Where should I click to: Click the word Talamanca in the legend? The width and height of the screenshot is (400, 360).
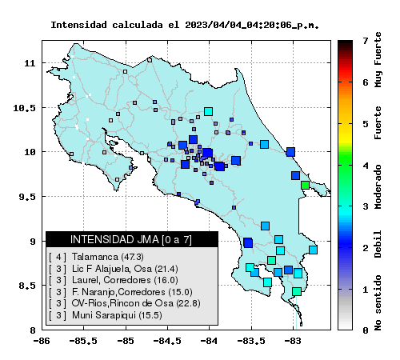[x=94, y=257]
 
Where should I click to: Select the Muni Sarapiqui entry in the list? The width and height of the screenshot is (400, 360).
[x=106, y=315]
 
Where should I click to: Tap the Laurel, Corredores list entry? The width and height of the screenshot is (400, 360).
[x=114, y=280]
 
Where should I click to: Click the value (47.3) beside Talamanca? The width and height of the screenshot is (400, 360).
[x=133, y=257]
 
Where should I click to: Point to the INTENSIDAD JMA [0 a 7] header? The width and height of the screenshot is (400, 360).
[x=131, y=239]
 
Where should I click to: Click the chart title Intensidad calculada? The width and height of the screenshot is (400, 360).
[x=106, y=25]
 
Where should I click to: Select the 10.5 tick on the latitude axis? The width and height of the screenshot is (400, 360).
[x=24, y=108]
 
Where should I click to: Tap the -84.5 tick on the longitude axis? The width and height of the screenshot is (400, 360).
[x=168, y=341]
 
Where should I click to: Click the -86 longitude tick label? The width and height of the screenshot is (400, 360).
[x=42, y=341]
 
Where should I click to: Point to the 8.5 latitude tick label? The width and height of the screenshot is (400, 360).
[x=26, y=286]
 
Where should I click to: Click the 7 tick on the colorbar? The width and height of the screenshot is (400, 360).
[x=365, y=41]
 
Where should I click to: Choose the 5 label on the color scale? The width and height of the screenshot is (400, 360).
[x=365, y=124]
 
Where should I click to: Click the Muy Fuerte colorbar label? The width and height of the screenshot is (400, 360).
[x=378, y=60]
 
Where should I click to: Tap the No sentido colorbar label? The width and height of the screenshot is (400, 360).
[x=378, y=302]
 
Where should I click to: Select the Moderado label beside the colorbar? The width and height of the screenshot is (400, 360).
[x=378, y=186]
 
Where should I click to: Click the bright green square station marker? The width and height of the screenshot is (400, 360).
[x=305, y=185]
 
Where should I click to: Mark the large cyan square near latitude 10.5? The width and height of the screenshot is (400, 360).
[x=208, y=111]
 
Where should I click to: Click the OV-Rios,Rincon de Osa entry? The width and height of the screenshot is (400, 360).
[x=125, y=303]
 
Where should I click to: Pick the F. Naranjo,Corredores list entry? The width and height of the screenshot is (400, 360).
[x=121, y=292]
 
